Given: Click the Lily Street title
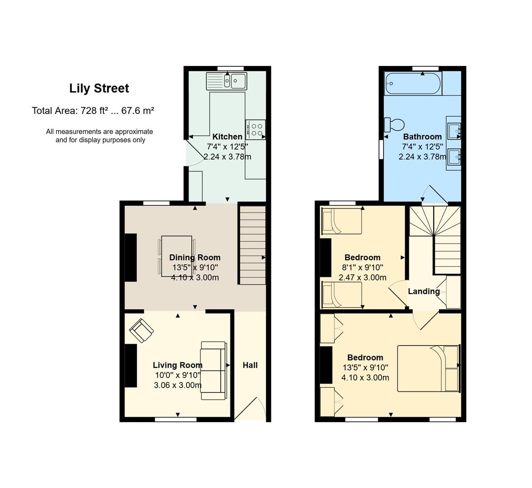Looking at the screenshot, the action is click(x=99, y=89).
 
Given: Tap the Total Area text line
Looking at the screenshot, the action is click(x=93, y=111).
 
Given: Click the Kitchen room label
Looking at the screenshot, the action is click(x=227, y=136).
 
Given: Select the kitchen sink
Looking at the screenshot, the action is click(x=227, y=81).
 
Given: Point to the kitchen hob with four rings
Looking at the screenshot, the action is click(x=256, y=130).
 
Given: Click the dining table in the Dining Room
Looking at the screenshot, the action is click(x=177, y=256).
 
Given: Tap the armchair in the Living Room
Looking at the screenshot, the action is click(x=141, y=330).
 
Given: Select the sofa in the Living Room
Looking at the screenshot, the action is click(x=214, y=371).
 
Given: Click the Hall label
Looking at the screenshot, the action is click(x=250, y=365).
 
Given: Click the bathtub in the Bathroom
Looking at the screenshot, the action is click(x=413, y=84).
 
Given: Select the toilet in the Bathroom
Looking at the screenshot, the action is click(x=393, y=125).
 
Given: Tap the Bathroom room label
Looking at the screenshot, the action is click(x=422, y=136).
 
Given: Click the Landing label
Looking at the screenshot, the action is click(x=424, y=291).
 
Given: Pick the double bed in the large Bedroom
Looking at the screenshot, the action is click(x=428, y=368).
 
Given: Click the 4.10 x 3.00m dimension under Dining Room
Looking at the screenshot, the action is click(x=195, y=277).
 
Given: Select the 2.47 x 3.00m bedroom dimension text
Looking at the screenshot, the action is click(x=362, y=277).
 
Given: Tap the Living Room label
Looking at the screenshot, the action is click(x=177, y=365).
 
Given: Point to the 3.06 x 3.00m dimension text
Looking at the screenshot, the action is click(x=178, y=385).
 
